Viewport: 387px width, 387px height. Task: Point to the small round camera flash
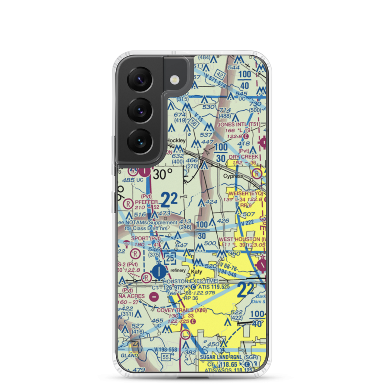coord(175,80)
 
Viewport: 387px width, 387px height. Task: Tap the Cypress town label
coord(233,176)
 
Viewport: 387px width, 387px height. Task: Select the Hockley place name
coord(176,140)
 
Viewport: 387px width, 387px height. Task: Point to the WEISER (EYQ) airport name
coord(246,193)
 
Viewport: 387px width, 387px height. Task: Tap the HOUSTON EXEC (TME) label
coord(190,281)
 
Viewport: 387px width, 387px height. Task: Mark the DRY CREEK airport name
coord(243,157)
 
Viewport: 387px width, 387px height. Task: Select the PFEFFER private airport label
coord(146,202)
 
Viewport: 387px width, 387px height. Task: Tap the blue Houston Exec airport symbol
coord(159,271)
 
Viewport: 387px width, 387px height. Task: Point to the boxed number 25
coord(169,257)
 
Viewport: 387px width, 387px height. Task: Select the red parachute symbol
coord(126,243)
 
